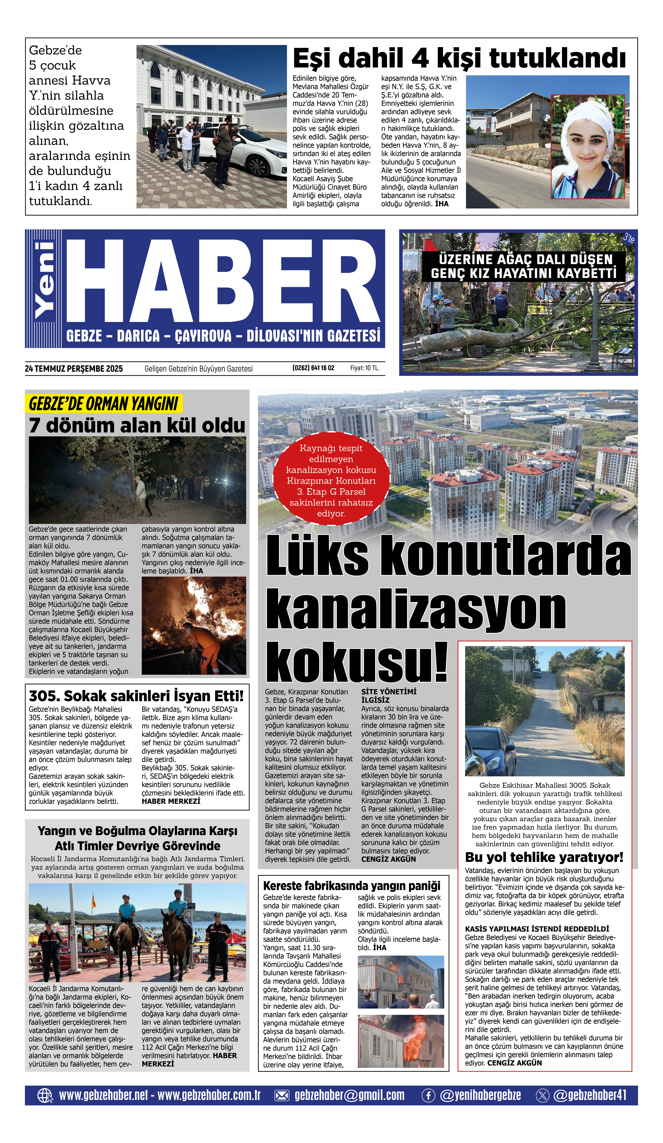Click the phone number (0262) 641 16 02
(313, 368)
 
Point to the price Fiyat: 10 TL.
(364, 368)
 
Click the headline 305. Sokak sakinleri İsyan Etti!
(136, 696)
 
